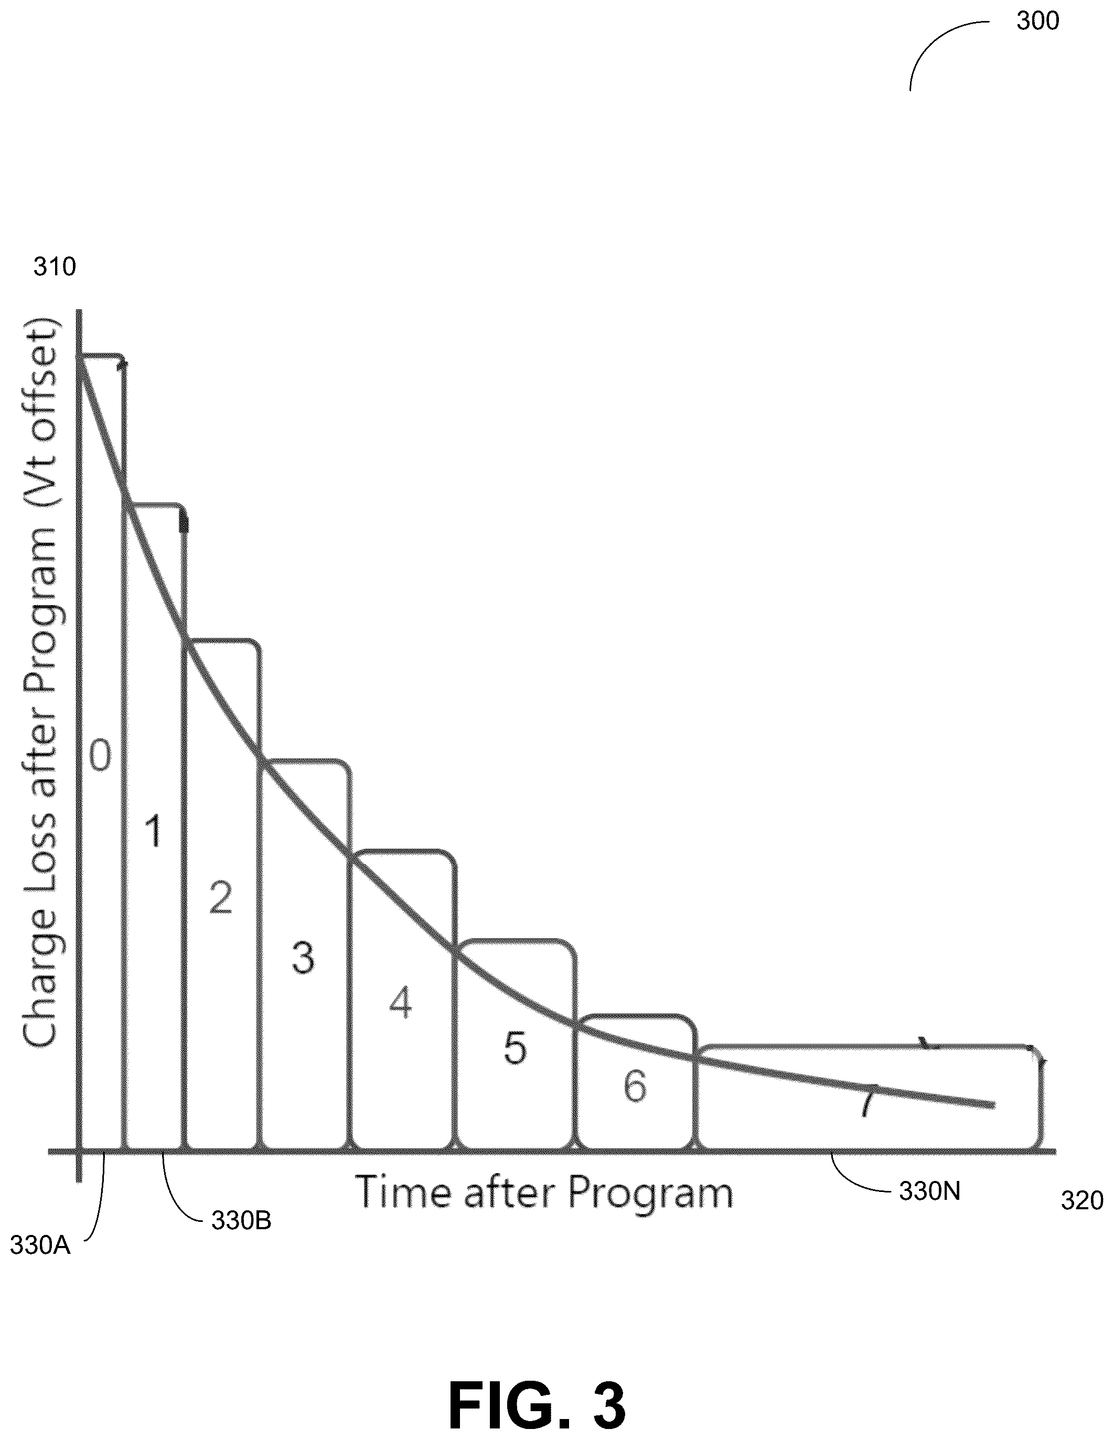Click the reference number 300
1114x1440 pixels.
pos(1037,21)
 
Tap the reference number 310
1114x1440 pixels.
pos(55,267)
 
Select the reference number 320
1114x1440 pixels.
pos(1081,1201)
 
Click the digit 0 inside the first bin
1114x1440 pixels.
pos(100,756)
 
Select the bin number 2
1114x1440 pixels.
pos(221,897)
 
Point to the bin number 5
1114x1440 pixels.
pos(516,1048)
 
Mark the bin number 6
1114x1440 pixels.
pos(635,1086)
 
